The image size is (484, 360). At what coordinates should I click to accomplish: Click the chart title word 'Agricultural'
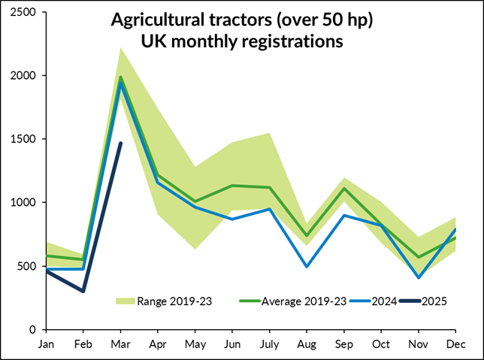156,20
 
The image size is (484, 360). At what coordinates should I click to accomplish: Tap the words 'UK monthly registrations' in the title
242,42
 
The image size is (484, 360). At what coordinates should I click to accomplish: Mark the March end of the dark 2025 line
120,143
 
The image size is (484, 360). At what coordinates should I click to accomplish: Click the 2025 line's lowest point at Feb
83,291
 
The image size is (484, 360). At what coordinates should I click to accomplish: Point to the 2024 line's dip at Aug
306,266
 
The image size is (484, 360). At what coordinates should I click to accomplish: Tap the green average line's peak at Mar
120,77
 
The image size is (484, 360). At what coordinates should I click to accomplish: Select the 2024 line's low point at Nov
417,277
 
